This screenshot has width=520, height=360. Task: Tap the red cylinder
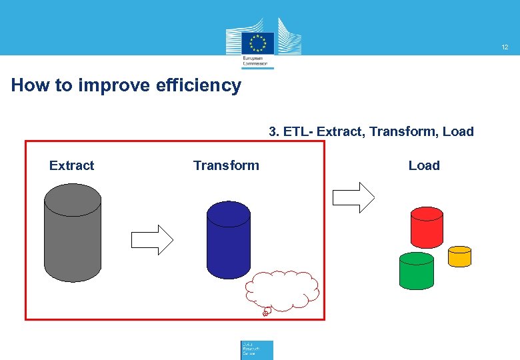click(x=427, y=227)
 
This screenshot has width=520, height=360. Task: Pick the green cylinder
click(x=416, y=271)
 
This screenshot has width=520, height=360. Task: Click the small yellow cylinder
click(x=459, y=257)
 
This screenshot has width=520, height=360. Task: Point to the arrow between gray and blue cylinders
click(x=152, y=239)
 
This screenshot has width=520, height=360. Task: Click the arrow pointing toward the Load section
click(x=353, y=197)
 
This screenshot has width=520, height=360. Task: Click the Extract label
click(x=71, y=165)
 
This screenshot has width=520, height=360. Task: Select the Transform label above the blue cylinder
click(x=226, y=165)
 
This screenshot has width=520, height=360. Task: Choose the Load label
click(x=424, y=165)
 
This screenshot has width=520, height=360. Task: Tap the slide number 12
click(x=505, y=47)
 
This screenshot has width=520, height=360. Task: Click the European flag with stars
click(x=258, y=43)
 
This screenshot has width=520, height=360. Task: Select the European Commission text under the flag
click(x=257, y=62)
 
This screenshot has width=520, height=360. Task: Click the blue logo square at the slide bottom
click(x=257, y=350)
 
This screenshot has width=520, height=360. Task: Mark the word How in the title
click(x=27, y=85)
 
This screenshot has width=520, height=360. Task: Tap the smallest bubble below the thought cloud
click(x=265, y=313)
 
